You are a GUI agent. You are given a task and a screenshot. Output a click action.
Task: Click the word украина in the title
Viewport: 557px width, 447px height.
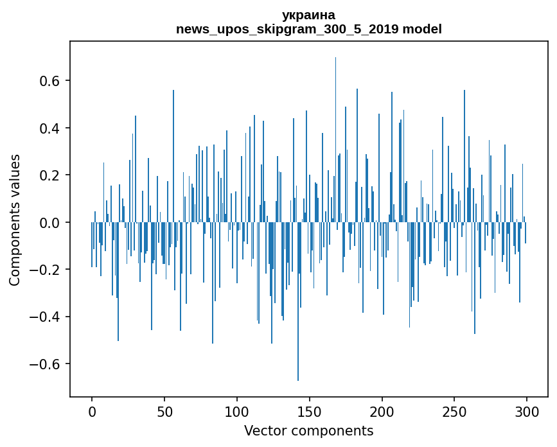click(308, 15)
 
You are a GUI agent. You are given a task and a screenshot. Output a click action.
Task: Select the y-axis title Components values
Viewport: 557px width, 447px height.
click(15, 220)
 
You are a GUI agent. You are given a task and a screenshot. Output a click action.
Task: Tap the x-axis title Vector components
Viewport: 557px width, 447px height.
click(308, 430)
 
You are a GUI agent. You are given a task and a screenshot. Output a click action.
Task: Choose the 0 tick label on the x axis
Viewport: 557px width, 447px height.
click(92, 411)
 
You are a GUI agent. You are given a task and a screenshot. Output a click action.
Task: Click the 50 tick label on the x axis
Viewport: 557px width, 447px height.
click(164, 411)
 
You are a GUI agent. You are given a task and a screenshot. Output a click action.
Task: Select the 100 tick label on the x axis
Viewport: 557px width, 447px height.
click(237, 411)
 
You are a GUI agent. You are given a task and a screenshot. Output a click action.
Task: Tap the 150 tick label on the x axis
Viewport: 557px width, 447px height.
click(310, 411)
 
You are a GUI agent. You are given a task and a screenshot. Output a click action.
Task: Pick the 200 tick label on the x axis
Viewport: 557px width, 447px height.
click(382, 411)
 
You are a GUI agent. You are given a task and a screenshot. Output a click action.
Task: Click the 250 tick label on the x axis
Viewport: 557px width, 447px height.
click(454, 411)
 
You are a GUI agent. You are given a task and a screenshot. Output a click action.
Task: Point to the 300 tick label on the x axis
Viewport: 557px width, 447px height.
click(527, 411)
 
